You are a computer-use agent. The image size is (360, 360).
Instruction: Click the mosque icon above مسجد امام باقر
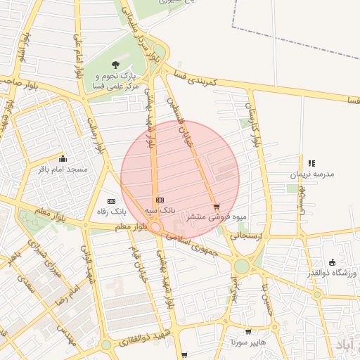(x=63, y=159)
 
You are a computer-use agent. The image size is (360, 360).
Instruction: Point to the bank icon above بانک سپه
(x=160, y=200)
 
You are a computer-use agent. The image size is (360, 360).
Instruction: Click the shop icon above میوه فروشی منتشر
(x=217, y=207)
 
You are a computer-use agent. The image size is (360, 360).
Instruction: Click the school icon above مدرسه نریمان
(x=311, y=163)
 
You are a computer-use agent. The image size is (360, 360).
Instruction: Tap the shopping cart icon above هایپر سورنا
(x=248, y=331)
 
